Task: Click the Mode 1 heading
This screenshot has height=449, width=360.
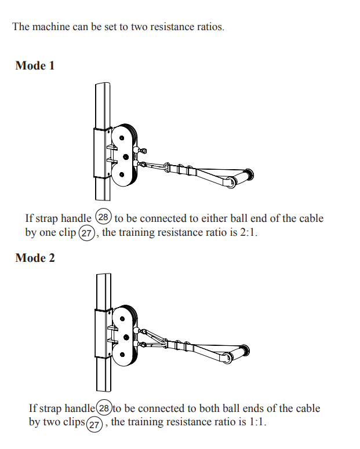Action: click(35, 65)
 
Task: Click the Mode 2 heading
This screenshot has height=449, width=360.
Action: click(35, 258)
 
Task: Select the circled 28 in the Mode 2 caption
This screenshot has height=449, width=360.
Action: click(104, 408)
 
